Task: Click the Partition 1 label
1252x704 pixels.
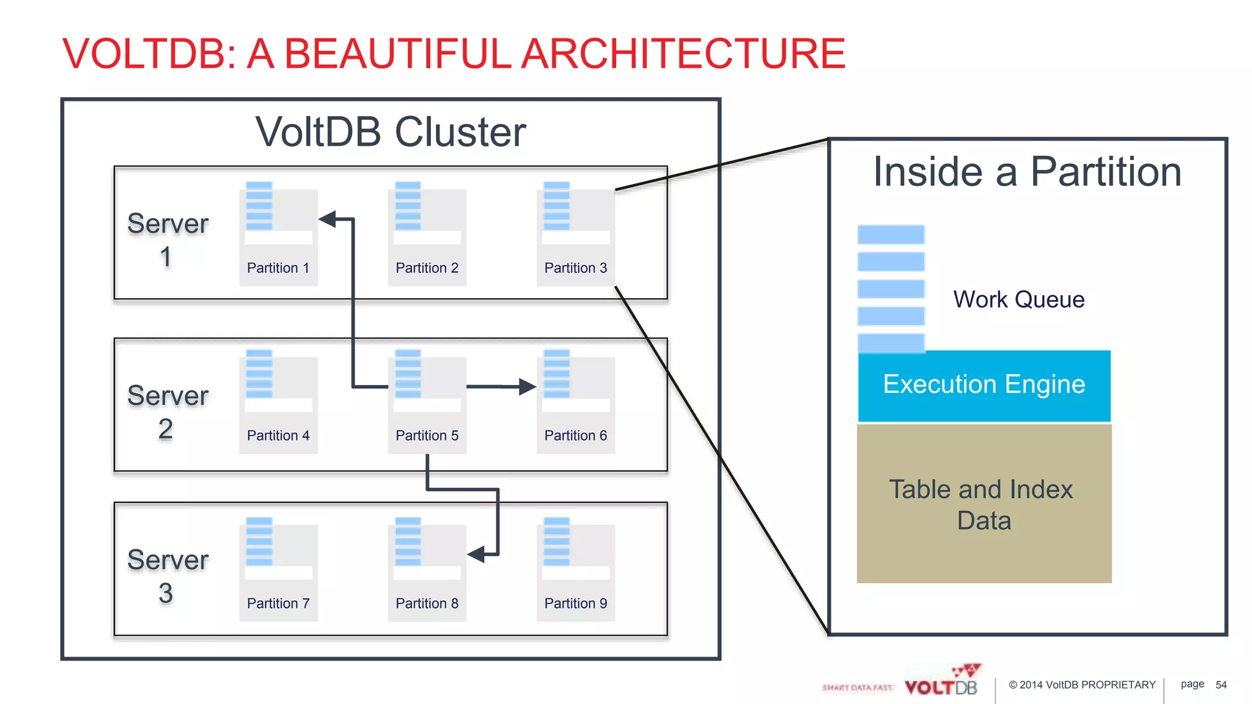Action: tap(278, 268)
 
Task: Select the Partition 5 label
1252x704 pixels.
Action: tap(427, 435)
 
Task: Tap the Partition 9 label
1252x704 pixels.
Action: tap(575, 603)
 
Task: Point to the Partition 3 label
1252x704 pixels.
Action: tap(575, 268)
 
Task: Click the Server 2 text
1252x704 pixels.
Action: tap(168, 412)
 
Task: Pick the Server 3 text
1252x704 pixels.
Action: tap(168, 576)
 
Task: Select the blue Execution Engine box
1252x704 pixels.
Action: tap(984, 385)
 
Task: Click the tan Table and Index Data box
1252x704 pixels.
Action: tap(984, 504)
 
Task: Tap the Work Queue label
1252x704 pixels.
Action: tap(1018, 299)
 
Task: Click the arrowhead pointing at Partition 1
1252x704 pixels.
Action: tap(328, 219)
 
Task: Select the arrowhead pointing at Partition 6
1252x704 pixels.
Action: tap(526, 386)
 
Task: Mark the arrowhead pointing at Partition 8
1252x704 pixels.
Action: tap(476, 554)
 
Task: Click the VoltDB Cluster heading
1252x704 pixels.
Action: tap(390, 131)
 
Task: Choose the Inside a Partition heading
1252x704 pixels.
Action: tap(1027, 172)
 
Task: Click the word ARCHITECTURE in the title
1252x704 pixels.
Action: tap(683, 54)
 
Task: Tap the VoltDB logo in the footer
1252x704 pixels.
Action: tap(941, 683)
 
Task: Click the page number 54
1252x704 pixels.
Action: tap(1221, 684)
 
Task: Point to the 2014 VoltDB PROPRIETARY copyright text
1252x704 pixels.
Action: tap(1082, 684)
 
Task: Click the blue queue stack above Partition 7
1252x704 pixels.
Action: tap(259, 541)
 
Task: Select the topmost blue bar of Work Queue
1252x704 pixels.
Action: tap(891, 235)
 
